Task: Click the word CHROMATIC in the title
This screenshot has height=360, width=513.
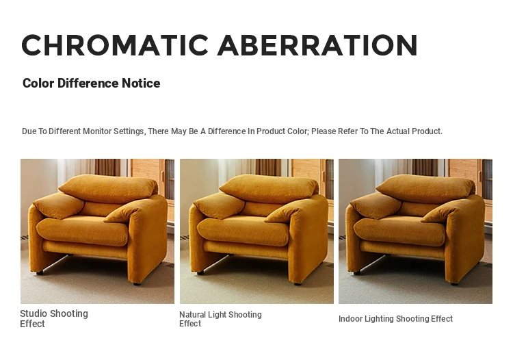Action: click(115, 45)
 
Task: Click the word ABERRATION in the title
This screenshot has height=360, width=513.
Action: click(317, 45)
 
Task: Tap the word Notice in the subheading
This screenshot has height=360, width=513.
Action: click(141, 83)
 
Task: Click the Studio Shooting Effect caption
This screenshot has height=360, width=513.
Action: click(54, 318)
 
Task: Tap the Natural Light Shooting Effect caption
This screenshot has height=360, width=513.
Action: click(220, 319)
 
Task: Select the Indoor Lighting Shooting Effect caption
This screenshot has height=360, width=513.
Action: click(395, 319)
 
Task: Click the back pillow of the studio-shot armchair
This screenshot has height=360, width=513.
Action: click(108, 189)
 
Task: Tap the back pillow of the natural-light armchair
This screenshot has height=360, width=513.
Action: click(269, 189)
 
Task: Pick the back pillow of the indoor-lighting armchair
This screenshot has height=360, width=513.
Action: click(425, 189)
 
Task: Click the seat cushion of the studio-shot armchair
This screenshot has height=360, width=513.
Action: click(82, 232)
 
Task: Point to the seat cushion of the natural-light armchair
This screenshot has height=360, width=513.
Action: click(243, 232)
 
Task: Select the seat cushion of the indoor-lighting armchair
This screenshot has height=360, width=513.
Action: click(399, 232)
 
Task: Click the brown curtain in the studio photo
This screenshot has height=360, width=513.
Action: click(107, 168)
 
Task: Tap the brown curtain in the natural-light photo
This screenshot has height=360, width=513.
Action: click(268, 168)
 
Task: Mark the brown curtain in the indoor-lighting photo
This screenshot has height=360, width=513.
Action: click(425, 168)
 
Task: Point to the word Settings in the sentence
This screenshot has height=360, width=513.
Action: click(129, 131)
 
